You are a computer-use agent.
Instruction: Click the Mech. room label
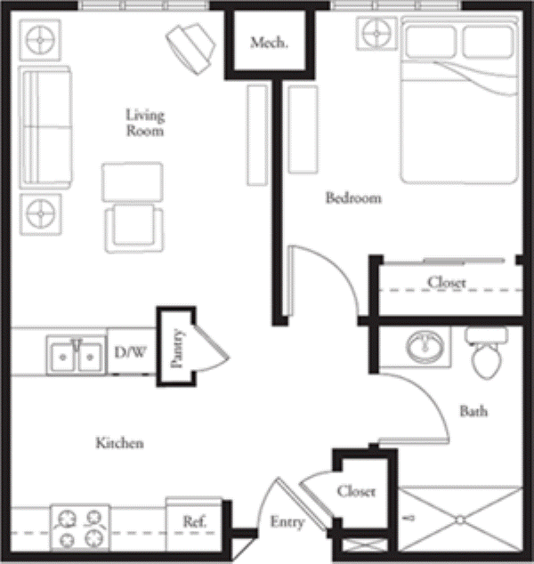click(x=269, y=43)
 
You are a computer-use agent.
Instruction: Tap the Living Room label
click(x=145, y=123)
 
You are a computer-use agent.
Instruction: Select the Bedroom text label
click(x=353, y=197)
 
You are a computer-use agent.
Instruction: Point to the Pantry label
click(x=177, y=348)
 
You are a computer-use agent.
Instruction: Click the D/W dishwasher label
click(x=130, y=352)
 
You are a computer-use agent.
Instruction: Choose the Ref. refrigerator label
click(x=195, y=521)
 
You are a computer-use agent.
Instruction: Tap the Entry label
click(x=287, y=522)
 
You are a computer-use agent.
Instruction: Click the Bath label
click(x=473, y=411)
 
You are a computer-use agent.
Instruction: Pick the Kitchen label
click(x=119, y=443)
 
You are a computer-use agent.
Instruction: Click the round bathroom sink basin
click(x=425, y=347)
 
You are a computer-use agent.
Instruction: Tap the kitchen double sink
click(x=77, y=356)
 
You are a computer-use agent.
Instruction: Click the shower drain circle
click(x=460, y=520)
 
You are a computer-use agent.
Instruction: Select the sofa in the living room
click(x=45, y=127)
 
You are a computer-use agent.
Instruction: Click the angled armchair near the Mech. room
click(x=190, y=49)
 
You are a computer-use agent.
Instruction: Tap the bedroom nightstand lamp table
click(x=376, y=34)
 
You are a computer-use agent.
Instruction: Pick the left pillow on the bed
click(x=431, y=42)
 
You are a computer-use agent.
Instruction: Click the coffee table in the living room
click(x=133, y=182)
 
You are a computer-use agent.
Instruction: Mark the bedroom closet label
click(x=447, y=282)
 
